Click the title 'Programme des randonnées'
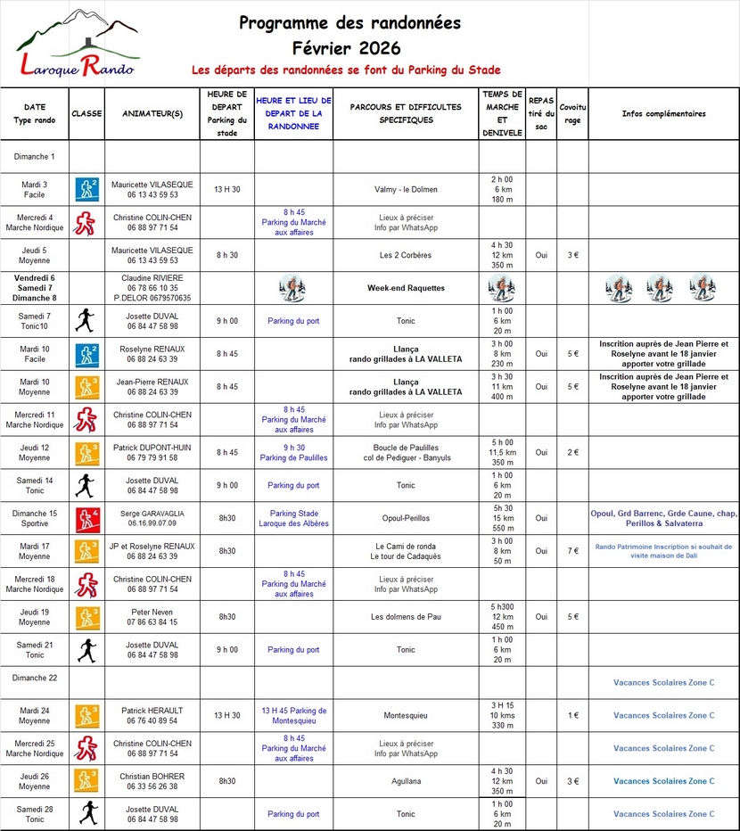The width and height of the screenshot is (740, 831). pyautogui.click(x=350, y=22)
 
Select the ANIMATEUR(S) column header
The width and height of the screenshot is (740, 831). pyautogui.click(x=152, y=113)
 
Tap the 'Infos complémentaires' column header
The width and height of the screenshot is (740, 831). pyautogui.click(x=663, y=113)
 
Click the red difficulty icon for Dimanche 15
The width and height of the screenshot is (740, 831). pyautogui.click(x=86, y=518)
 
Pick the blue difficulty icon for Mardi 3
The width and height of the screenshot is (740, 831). pyautogui.click(x=86, y=189)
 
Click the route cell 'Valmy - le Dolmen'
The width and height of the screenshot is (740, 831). pyautogui.click(x=406, y=189)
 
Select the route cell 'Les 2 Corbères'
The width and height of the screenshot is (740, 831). pyautogui.click(x=406, y=255)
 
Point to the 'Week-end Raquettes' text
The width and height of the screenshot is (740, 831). pyautogui.click(x=406, y=288)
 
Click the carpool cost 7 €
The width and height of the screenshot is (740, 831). pyautogui.click(x=572, y=551)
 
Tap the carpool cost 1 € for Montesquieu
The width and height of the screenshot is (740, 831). pyautogui.click(x=572, y=715)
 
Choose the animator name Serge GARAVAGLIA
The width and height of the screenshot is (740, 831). pyautogui.click(x=152, y=514)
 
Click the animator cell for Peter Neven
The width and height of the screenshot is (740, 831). pyautogui.click(x=152, y=616)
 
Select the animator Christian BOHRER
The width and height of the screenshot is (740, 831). pyautogui.click(x=152, y=776)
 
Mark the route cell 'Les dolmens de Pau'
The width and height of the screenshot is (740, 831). pyautogui.click(x=406, y=616)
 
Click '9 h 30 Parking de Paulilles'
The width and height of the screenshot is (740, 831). pyautogui.click(x=293, y=452)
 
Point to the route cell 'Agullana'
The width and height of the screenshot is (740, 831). pyautogui.click(x=406, y=781)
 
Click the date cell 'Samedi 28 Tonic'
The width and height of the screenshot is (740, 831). pyautogui.click(x=35, y=813)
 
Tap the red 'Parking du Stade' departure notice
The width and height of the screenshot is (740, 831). pyautogui.click(x=346, y=70)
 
